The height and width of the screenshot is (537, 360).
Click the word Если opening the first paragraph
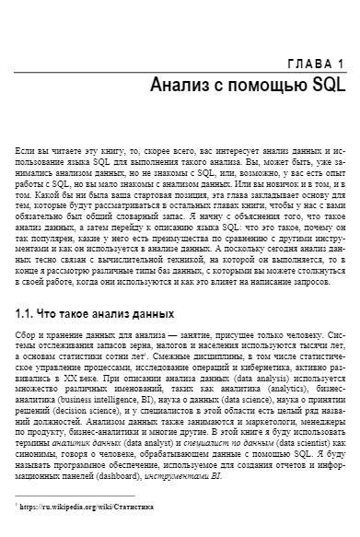pyautogui.click(x=26, y=147)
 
